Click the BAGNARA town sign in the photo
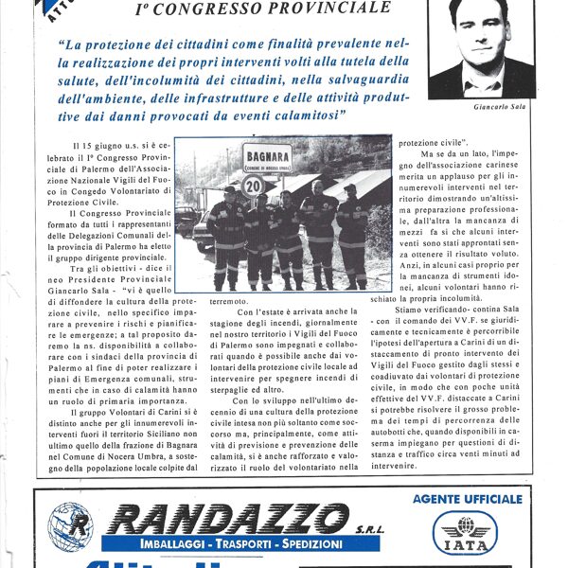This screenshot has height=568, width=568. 265,156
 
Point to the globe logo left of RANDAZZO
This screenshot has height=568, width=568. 71,527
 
